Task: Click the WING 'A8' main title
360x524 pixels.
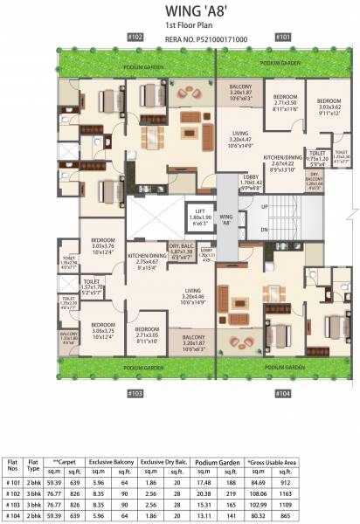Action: coord(179,12)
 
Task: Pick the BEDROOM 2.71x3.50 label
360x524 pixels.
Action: coord(285,102)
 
